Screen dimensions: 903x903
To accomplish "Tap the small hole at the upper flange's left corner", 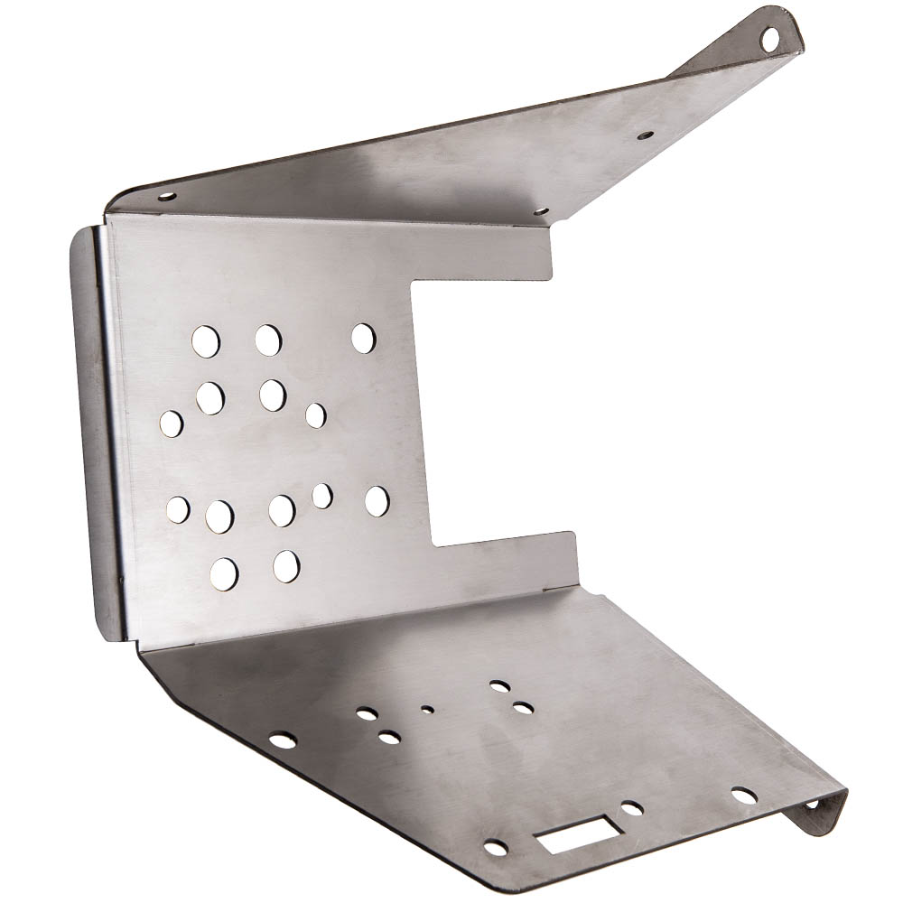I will pyautogui.click(x=168, y=197).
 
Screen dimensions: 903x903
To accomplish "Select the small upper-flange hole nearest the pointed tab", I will pyautogui.click(x=645, y=136).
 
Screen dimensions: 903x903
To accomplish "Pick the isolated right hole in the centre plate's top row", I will pyautogui.click(x=363, y=338).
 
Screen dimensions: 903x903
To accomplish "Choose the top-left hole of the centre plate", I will pyautogui.click(x=206, y=340).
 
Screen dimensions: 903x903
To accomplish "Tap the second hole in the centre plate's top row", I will pyautogui.click(x=267, y=340).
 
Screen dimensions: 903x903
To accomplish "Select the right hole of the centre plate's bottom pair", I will pyautogui.click(x=286, y=565).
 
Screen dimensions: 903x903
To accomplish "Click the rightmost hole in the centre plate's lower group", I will pyautogui.click(x=377, y=501).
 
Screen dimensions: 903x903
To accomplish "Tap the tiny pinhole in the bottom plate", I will pyautogui.click(x=427, y=709).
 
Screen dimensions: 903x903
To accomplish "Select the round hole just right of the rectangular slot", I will pyautogui.click(x=632, y=808).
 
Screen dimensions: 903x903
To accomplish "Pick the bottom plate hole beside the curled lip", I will pyautogui.click(x=743, y=796).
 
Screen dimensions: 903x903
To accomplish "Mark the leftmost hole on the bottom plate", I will pyautogui.click(x=283, y=740).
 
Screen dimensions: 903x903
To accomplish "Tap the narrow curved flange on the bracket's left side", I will pyautogui.click(x=93, y=433).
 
